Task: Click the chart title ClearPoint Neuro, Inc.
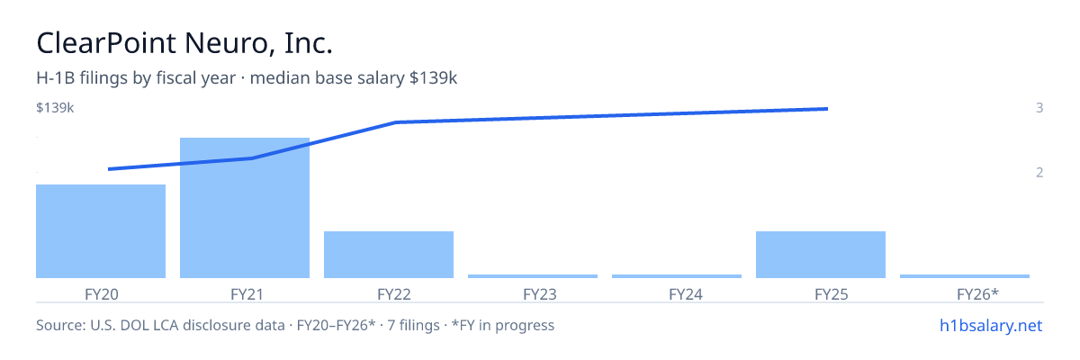click(184, 43)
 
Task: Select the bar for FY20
click(101, 231)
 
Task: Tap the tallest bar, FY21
click(245, 208)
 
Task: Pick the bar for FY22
click(389, 255)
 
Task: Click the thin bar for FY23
click(533, 276)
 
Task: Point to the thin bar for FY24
click(677, 276)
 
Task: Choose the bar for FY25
click(821, 255)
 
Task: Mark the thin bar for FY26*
click(965, 276)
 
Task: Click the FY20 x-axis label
click(101, 294)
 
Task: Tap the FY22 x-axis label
click(394, 294)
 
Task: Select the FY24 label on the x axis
click(686, 294)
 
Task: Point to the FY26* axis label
click(977, 294)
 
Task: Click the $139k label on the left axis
click(55, 107)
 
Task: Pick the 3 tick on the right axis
click(1039, 107)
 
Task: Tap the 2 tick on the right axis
click(1039, 172)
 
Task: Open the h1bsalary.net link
click(991, 325)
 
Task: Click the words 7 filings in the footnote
click(414, 325)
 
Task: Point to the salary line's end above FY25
click(827, 109)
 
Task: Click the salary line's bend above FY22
click(396, 122)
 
